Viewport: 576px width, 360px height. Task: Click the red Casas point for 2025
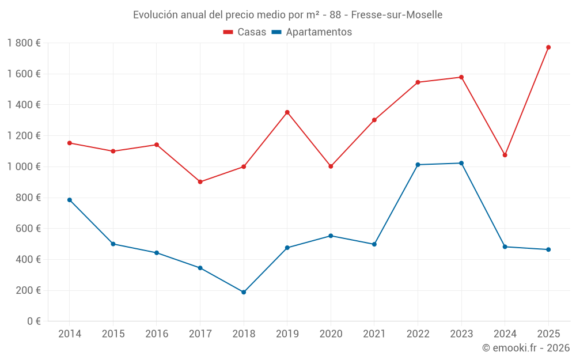coord(548,47)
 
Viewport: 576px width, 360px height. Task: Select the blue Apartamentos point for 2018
coord(244,292)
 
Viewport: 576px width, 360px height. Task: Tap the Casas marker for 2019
coord(287,112)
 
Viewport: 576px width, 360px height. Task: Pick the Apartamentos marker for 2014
coord(70,200)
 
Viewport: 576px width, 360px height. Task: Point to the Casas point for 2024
coord(505,155)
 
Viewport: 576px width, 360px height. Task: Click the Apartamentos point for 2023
coord(461,163)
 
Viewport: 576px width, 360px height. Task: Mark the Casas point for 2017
coord(200,182)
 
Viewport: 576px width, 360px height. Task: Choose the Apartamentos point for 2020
coord(331,236)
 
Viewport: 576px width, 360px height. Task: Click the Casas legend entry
coord(245,32)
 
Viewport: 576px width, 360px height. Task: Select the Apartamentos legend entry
coord(312,32)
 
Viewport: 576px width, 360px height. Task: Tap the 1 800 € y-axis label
coord(24,43)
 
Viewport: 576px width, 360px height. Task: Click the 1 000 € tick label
coord(24,166)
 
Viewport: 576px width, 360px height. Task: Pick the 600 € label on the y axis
coord(27,229)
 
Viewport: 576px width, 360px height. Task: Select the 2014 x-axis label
coord(70,334)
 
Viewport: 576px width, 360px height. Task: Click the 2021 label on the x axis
coord(374,334)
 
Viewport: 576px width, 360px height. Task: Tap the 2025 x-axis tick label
coord(548,334)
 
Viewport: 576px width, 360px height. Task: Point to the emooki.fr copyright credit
coord(526,348)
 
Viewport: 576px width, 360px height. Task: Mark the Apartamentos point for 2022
coord(418,165)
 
